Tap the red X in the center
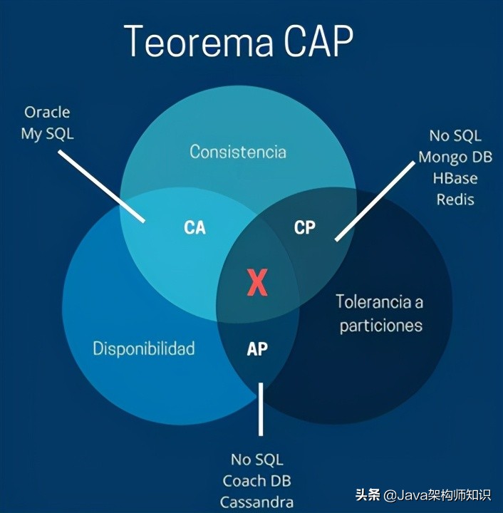tap(256, 283)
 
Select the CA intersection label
tap(195, 228)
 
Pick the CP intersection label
tap(304, 228)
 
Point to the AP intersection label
tap(257, 349)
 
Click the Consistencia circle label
tap(238, 152)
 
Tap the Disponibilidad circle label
tap(144, 348)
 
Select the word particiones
tap(381, 326)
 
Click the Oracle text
tap(47, 112)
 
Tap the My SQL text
tap(47, 133)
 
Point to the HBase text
tap(455, 177)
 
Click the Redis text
tap(455, 198)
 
